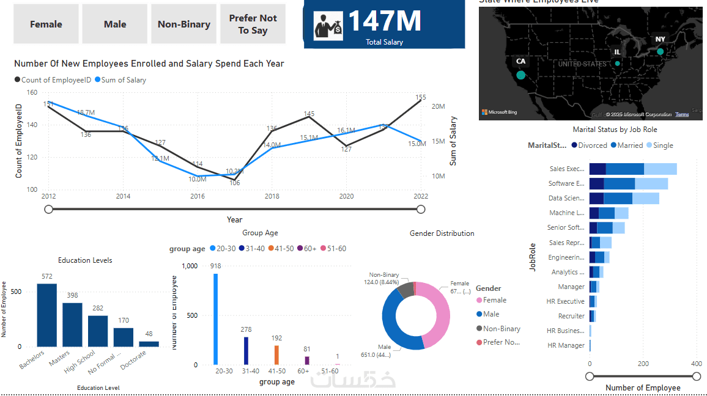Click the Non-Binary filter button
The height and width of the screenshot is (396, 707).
pos(183,24)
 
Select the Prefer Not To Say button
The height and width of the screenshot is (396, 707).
pos(253,24)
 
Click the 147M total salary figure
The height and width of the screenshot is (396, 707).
pos(385,21)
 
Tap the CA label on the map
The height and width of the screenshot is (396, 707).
pos(520,61)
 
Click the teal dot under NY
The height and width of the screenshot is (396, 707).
pos(660,52)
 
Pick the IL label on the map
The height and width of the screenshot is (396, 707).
pos(617,53)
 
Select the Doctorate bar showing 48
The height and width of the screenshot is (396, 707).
pos(149,344)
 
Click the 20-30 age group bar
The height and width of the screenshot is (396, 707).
pos(215,319)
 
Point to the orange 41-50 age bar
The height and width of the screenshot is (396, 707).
pos(276,355)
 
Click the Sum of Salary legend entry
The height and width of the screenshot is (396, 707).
pos(120,80)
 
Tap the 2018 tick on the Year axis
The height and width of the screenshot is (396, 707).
pos(272,197)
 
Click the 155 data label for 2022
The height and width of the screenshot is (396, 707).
pos(421,97)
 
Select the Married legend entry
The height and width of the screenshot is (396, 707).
pos(628,145)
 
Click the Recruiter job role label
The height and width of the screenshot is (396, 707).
pos(571,317)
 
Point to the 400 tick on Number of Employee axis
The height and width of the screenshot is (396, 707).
pos(696,364)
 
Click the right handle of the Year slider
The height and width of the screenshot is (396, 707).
pos(421,210)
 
